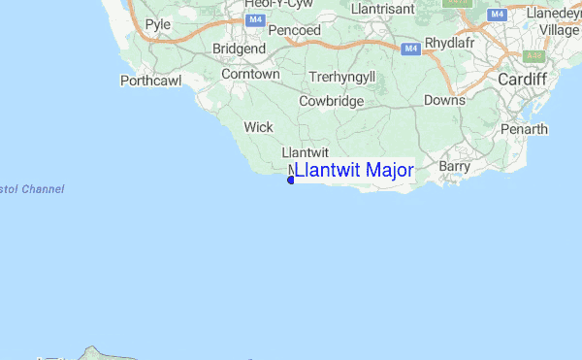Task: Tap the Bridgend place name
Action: [x=238, y=49]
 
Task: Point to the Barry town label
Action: [x=454, y=166]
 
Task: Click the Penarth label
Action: [x=525, y=129]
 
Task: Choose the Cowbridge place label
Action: [x=331, y=101]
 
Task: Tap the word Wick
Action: [x=258, y=127]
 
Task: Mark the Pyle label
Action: [x=157, y=24]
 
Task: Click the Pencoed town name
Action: [x=295, y=31]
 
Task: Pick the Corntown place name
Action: [x=250, y=74]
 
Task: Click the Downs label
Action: [x=444, y=100]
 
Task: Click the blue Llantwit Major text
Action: [x=354, y=171]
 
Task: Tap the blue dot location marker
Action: [x=291, y=180]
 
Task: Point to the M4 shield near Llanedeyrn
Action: [x=497, y=15]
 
